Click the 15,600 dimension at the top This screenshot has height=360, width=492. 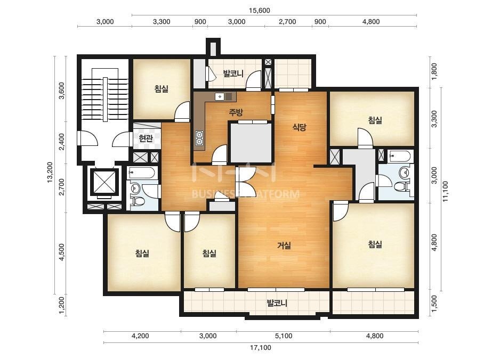tap(259, 10)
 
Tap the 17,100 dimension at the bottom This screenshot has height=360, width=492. tap(261, 347)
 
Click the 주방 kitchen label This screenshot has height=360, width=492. tap(236, 112)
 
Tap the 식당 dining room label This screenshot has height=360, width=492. tap(299, 127)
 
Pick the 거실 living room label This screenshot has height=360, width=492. tap(284, 245)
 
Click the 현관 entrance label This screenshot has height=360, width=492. tap(146, 138)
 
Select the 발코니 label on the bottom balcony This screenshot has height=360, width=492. tap(277, 303)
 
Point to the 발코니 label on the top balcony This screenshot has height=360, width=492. tap(233, 73)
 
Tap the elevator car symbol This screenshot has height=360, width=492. tap(104, 182)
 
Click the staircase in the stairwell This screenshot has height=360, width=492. tap(105, 99)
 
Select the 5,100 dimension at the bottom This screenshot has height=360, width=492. tap(284, 336)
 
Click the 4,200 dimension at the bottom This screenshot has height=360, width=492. tap(140, 336)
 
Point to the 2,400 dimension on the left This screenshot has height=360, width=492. tap(61, 142)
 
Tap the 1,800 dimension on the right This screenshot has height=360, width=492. tap(434, 72)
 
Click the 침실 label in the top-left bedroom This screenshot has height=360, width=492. tap(162, 88)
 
